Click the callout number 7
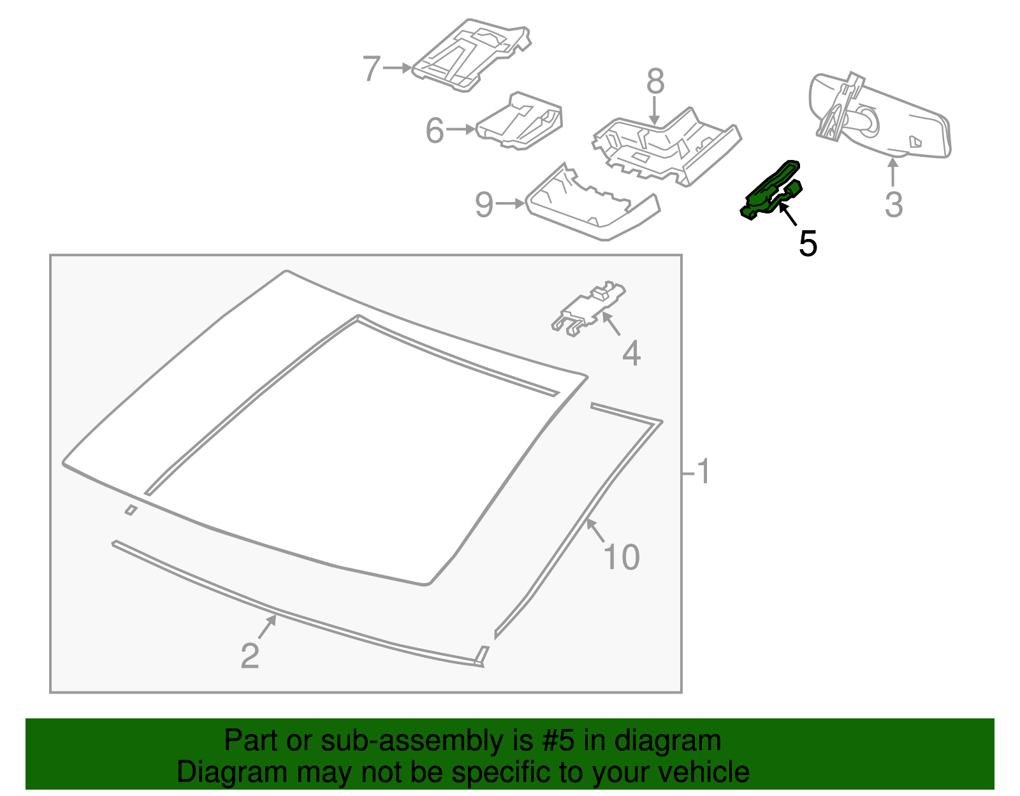coord(371,68)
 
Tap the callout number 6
coord(434,131)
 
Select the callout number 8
coord(655,82)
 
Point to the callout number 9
coord(484,205)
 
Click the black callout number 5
coord(808,243)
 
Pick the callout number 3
coord(894,205)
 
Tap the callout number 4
coord(630,353)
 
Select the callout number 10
coord(621,557)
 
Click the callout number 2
coord(250,656)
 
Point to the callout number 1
coord(703,472)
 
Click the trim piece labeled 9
coord(590,207)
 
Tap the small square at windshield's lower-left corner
coord(131,509)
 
